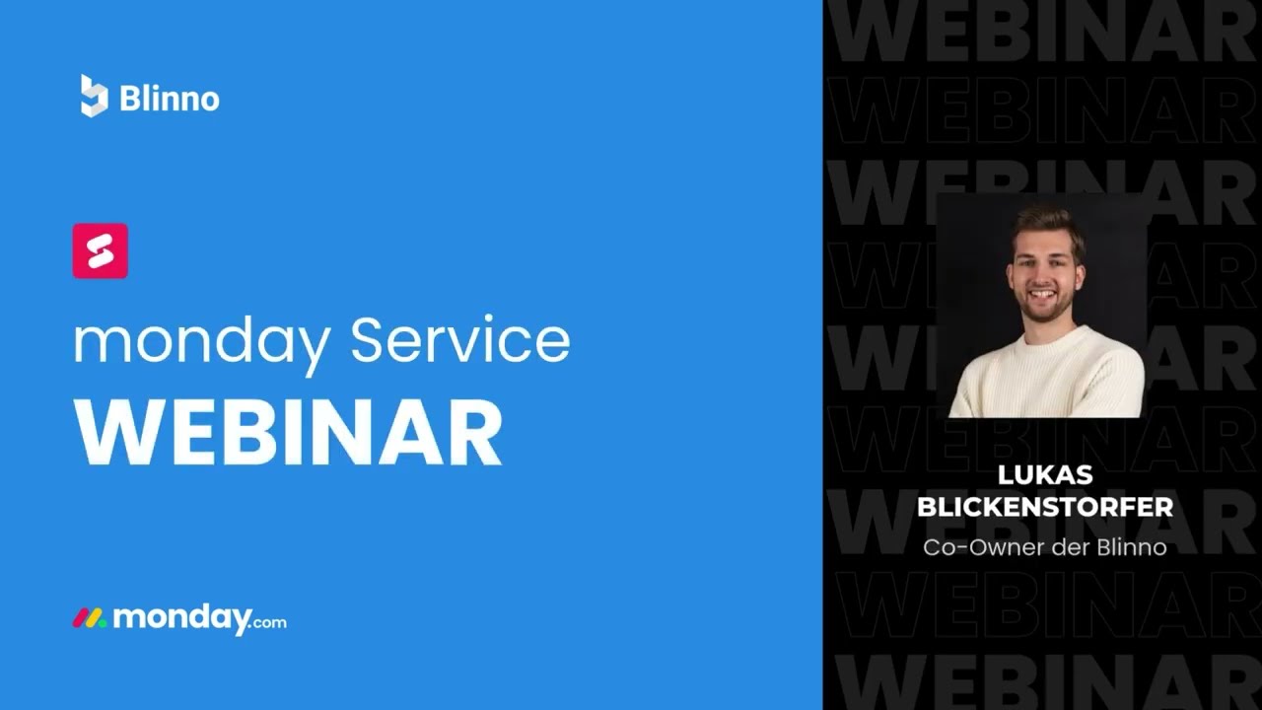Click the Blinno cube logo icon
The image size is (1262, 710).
[94, 97]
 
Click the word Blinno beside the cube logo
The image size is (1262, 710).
[169, 99]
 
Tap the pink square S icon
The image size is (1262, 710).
[100, 250]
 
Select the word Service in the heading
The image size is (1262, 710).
[459, 339]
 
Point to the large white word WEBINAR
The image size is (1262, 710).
[288, 434]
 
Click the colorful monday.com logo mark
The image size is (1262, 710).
[89, 619]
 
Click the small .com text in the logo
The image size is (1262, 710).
[269, 622]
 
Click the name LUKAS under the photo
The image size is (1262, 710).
[1045, 475]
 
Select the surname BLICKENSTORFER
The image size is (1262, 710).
[1045, 507]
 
